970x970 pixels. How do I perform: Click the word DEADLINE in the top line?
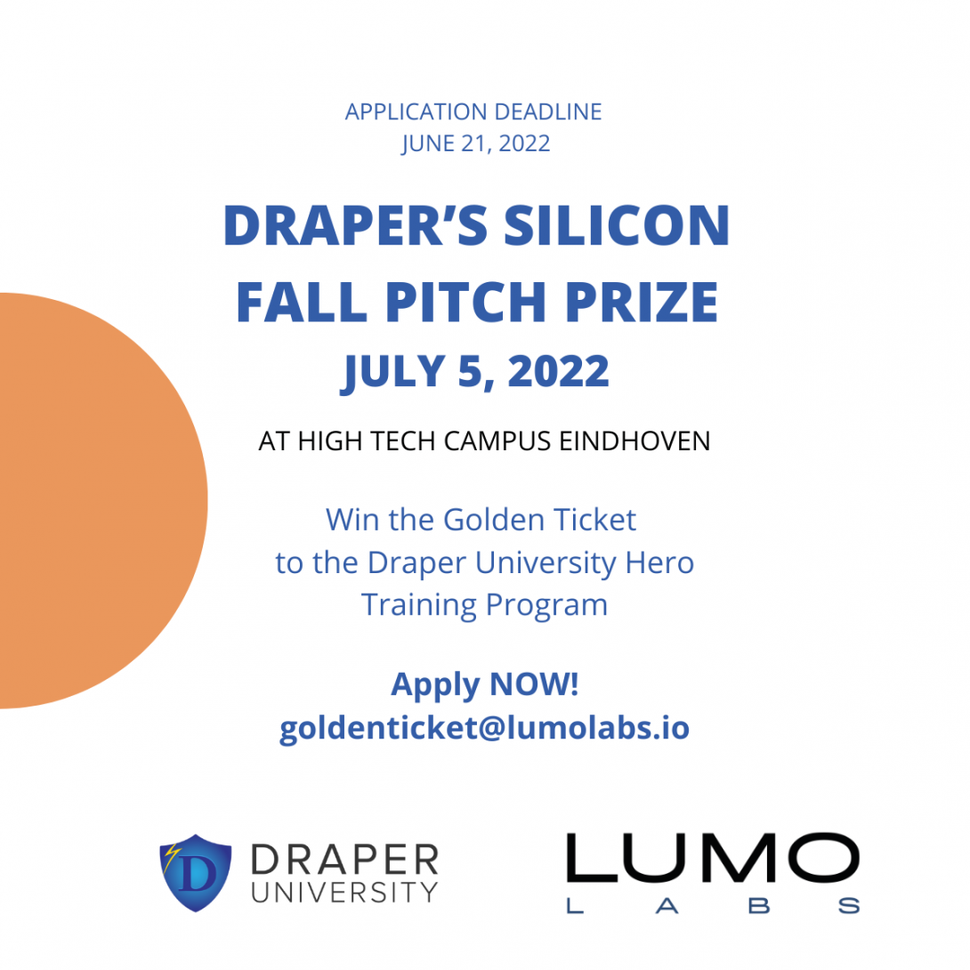point(548,112)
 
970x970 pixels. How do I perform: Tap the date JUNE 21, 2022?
point(476,143)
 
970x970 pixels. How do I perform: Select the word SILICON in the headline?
point(617,225)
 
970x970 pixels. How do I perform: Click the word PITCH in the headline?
point(465,302)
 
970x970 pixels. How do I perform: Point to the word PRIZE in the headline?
point(642,302)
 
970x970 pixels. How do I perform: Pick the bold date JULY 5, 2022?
point(475,372)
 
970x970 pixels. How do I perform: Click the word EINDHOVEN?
point(635,441)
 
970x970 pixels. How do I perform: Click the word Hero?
point(659,563)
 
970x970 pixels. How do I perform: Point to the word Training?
point(419,605)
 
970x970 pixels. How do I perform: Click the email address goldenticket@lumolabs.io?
point(484,728)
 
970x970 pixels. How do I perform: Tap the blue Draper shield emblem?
point(196,873)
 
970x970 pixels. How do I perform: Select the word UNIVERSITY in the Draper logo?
point(344,893)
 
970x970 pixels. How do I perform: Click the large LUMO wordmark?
point(713,857)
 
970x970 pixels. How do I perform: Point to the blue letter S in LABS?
point(849,906)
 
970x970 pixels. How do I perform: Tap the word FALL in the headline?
point(302,302)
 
